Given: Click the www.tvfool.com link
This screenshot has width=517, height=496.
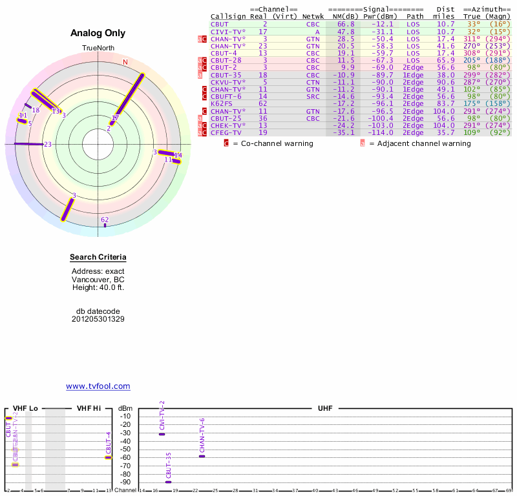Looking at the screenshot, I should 98,386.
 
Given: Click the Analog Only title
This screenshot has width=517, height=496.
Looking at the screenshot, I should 98,33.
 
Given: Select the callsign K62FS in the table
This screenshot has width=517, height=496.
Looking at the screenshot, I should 221,103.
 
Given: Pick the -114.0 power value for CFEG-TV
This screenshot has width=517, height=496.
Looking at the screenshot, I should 381,132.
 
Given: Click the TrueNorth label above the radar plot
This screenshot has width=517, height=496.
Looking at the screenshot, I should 98,48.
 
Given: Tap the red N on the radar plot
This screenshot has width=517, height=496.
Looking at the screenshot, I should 125,62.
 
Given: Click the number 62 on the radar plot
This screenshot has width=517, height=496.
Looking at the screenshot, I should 105,220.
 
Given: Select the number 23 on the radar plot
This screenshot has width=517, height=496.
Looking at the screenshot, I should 47,145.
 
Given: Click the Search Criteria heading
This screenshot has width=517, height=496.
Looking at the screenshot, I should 98,258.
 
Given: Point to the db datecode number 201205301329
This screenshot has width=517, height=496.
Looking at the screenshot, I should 98,319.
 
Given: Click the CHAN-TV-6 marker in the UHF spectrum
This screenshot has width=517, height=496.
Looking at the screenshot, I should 202,456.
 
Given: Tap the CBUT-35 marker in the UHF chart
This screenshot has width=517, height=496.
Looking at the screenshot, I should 169,482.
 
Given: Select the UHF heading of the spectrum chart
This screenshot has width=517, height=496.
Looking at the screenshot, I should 325,409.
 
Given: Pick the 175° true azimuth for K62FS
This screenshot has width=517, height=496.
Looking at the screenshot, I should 472,103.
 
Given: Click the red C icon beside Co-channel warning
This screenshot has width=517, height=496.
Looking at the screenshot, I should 226,143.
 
